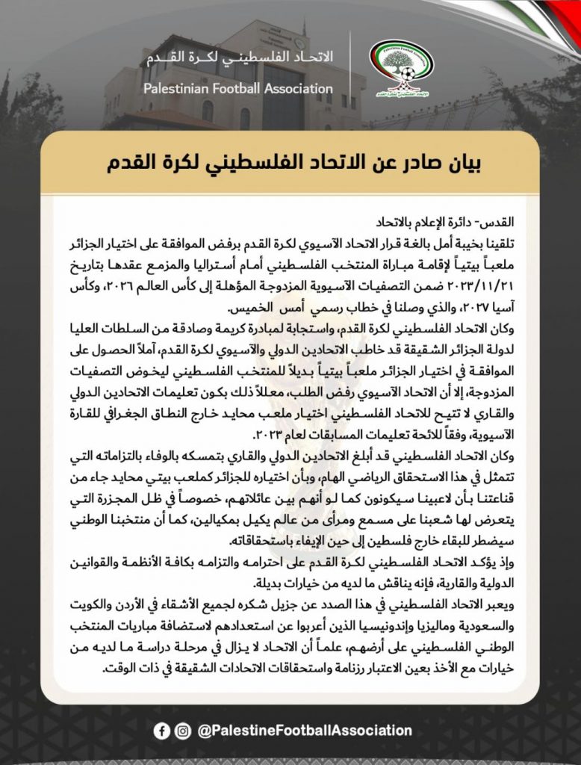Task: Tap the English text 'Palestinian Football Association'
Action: coord(238,89)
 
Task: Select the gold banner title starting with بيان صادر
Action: coord(290,164)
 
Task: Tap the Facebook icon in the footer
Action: coord(161,731)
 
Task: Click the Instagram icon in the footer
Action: coord(182,731)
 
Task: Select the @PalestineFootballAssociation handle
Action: coord(304,731)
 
